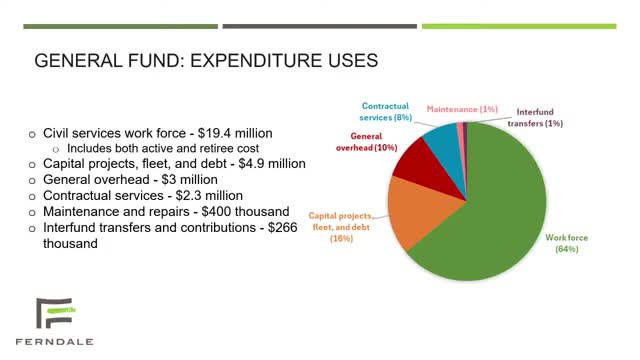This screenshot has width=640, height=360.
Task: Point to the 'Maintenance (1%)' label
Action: [462, 108]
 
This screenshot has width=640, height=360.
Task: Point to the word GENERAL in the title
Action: [74, 61]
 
